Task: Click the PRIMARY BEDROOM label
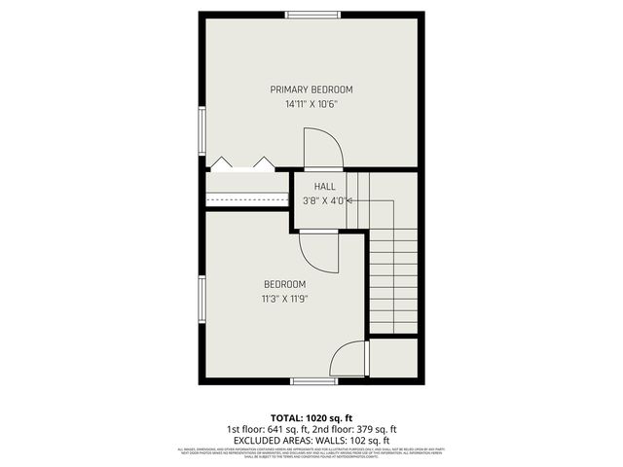click(311, 89)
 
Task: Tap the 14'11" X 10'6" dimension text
click(311, 103)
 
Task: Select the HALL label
click(324, 186)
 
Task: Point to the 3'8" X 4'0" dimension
click(323, 201)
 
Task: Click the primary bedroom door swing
click(323, 151)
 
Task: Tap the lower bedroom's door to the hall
click(318, 250)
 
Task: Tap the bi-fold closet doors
click(240, 164)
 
